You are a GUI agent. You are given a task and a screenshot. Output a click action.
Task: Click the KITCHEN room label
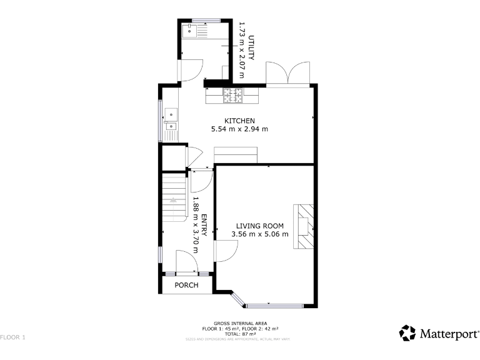pos(240,121)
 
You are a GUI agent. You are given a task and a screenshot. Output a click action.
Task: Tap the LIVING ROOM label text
pos(259,226)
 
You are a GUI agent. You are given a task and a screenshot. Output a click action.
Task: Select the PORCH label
pos(186,285)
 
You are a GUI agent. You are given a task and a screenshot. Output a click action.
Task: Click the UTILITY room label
pos(251,47)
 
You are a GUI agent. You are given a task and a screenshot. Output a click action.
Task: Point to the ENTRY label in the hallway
pos(203,226)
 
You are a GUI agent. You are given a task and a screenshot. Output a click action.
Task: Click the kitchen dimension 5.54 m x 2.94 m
pos(240,129)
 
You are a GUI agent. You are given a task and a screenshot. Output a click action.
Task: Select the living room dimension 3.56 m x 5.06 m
pos(259,234)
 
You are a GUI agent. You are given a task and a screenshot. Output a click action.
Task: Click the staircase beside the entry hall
pos(175,197)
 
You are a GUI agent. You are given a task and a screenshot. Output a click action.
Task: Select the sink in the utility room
pos(189,29)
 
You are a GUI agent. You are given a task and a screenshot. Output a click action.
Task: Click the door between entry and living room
pos(225,250)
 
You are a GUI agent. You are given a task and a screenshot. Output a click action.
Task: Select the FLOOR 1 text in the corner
pos(12,337)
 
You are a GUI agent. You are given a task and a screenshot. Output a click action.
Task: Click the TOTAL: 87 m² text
pos(240,334)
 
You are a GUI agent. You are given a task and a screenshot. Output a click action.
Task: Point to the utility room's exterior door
pos(190,69)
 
